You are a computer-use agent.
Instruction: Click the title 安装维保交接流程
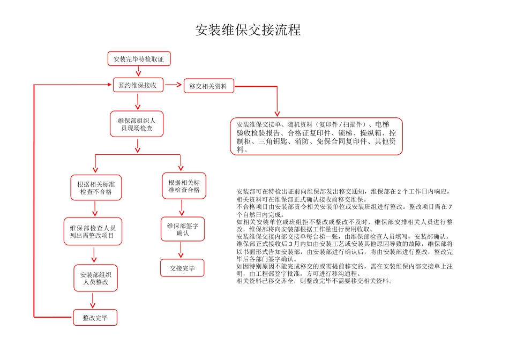click(248, 30)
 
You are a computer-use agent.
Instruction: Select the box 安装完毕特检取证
click(139, 59)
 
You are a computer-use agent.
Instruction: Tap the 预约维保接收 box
click(137, 85)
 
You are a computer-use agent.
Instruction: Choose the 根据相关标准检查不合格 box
click(96, 187)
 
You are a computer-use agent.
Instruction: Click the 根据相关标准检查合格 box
click(184, 186)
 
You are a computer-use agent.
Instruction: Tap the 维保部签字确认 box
click(183, 229)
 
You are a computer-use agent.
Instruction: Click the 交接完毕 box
click(182, 268)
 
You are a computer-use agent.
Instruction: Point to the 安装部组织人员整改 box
click(95, 278)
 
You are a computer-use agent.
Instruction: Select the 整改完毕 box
click(95, 318)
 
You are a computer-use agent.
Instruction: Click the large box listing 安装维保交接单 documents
click(316, 137)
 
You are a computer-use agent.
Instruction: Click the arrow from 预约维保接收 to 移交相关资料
click(173, 85)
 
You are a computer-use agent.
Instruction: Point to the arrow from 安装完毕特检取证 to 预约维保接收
click(138, 72)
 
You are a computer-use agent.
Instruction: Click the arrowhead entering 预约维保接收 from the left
click(107, 85)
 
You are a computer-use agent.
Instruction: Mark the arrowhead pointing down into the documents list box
click(277, 113)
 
